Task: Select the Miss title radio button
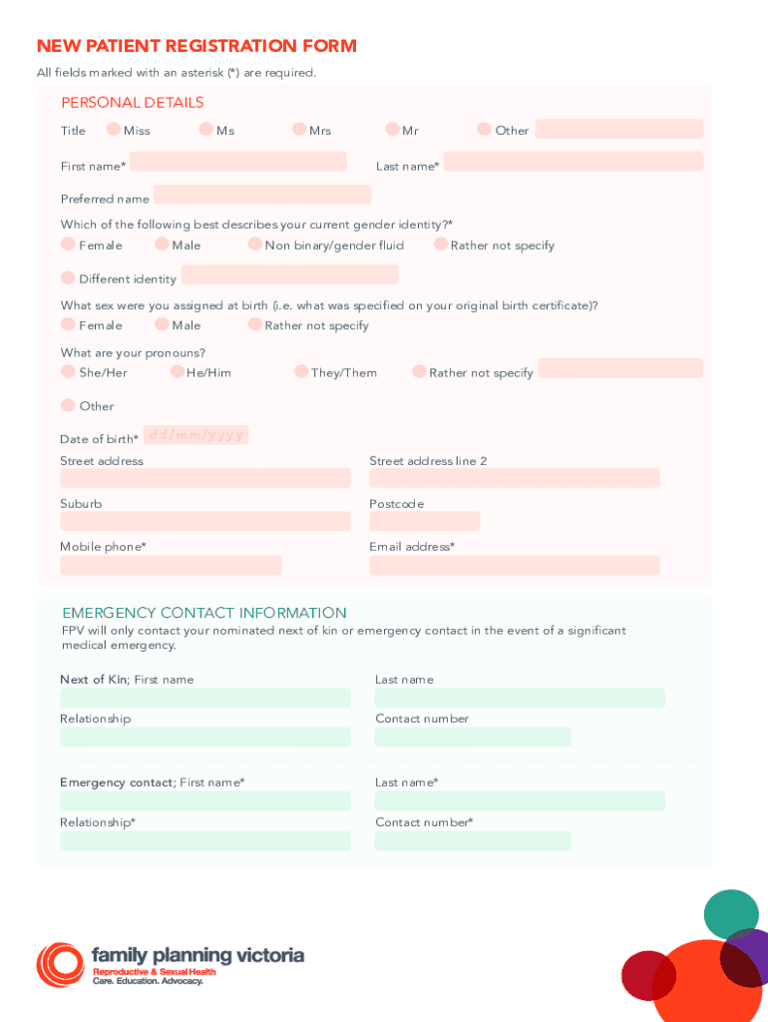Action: pos(114,129)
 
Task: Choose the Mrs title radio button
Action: pos(299,129)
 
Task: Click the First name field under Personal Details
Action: pos(237,162)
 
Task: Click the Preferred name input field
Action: pos(261,195)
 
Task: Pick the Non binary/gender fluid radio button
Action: pos(255,245)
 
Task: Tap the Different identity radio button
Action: pos(68,277)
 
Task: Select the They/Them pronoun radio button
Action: pos(301,371)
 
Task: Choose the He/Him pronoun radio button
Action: pos(177,371)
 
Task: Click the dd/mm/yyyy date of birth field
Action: pos(195,435)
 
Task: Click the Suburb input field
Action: pos(204,521)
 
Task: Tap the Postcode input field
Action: pos(424,521)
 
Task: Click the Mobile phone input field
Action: pos(171,566)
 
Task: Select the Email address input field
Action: pos(514,566)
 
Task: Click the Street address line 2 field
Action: pos(514,478)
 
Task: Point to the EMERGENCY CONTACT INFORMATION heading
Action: pos(204,613)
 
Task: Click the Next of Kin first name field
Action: pos(204,698)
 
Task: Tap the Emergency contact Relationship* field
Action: pos(204,841)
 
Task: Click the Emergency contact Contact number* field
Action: pos(472,841)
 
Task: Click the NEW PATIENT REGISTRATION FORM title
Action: pos(196,46)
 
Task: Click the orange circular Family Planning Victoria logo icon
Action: pos(60,964)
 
